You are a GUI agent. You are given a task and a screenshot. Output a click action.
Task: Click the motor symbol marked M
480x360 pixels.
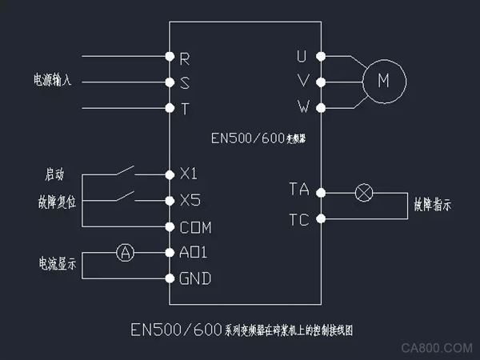click(x=383, y=81)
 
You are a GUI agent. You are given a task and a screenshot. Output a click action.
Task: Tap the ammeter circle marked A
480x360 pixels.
click(x=124, y=253)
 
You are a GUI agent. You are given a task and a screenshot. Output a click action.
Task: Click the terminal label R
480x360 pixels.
click(x=185, y=58)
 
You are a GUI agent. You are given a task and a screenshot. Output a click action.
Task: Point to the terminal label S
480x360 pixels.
click(x=185, y=82)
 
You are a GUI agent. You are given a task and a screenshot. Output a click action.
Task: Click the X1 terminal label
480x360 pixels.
click(x=189, y=174)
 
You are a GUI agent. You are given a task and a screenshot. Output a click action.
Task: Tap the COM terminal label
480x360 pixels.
click(x=195, y=227)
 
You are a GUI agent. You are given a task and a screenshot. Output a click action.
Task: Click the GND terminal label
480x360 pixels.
click(x=195, y=279)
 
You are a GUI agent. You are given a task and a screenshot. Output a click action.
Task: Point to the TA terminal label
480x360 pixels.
click(x=298, y=190)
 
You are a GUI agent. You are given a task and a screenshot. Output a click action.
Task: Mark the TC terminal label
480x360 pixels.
click(x=298, y=218)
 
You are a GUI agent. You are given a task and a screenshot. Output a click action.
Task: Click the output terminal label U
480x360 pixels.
click(x=302, y=56)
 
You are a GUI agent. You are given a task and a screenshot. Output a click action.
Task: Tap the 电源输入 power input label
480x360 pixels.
click(x=53, y=81)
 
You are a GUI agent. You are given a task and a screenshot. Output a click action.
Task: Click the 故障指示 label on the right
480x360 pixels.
click(x=432, y=205)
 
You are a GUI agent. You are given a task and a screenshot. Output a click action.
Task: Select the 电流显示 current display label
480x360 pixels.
click(x=52, y=263)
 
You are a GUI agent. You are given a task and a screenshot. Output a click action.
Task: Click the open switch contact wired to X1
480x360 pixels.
click(x=123, y=170)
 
